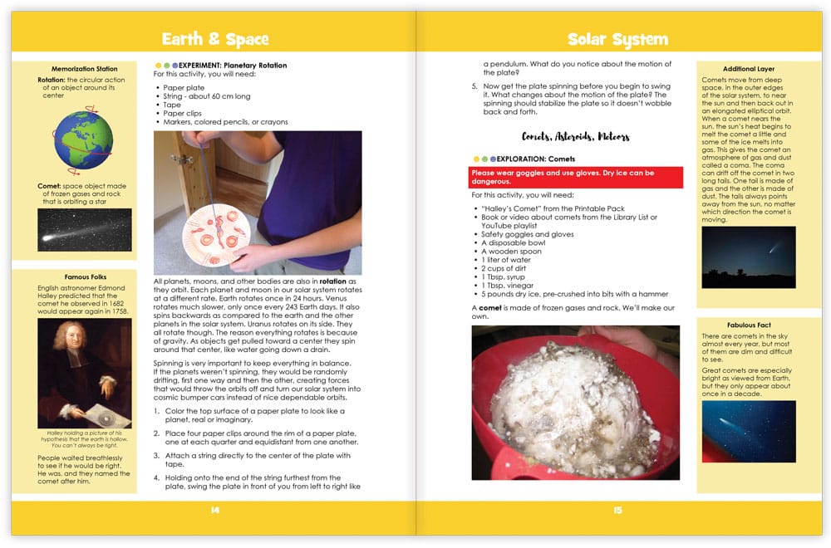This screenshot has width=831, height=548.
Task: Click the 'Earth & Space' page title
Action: (x=215, y=39)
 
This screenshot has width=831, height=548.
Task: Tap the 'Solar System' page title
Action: (x=617, y=39)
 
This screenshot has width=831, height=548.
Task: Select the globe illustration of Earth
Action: (x=84, y=139)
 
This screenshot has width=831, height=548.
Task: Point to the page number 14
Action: (x=215, y=510)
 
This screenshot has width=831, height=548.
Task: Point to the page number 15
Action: (x=617, y=510)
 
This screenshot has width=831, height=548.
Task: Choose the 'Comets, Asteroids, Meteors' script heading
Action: (x=575, y=136)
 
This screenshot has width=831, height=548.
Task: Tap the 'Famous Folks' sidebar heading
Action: (x=84, y=276)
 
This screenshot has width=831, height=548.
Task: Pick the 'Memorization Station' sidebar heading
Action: (x=84, y=69)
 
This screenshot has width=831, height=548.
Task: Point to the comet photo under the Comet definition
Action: (x=84, y=229)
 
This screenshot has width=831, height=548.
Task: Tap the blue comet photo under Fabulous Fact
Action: (x=748, y=431)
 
